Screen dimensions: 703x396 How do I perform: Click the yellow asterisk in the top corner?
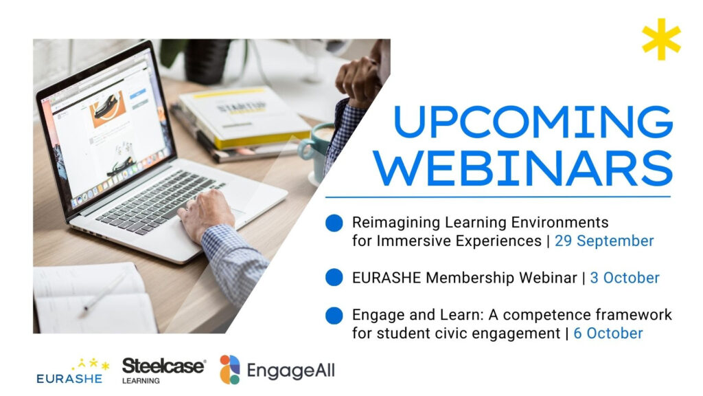click(x=661, y=39)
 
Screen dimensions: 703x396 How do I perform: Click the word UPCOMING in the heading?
click(x=533, y=122)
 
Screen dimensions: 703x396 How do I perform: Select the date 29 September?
click(x=604, y=241)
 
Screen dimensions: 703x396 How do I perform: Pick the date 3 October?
click(x=625, y=278)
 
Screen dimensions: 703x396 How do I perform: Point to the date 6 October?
click(x=608, y=333)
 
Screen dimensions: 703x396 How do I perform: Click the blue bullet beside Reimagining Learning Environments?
click(x=334, y=223)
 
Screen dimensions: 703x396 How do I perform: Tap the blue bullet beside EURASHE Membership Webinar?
click(x=334, y=278)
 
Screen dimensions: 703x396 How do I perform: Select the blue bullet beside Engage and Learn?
click(x=334, y=316)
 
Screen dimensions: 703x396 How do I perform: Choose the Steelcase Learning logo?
click(x=163, y=371)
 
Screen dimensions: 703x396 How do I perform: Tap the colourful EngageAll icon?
click(x=229, y=369)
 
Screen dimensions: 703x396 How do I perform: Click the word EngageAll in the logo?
click(x=290, y=371)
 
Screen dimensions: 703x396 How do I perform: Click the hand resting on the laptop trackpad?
click(x=206, y=214)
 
